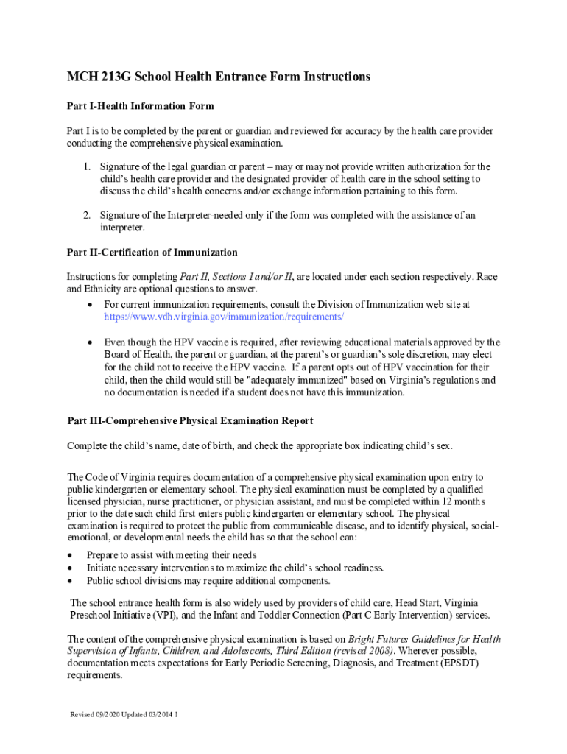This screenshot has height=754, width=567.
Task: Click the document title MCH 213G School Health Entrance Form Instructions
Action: pyautogui.click(x=219, y=77)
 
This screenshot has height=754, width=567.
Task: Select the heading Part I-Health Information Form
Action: pyautogui.click(x=141, y=106)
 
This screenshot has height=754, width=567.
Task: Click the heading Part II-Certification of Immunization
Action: pyautogui.click(x=152, y=252)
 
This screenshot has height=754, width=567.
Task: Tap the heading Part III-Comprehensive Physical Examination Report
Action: pyautogui.click(x=190, y=420)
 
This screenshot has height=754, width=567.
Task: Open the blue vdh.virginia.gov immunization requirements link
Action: pyautogui.click(x=224, y=316)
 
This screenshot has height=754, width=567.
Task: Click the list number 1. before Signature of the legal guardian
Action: pyautogui.click(x=86, y=166)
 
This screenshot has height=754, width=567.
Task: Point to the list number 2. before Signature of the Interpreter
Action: pyautogui.click(x=86, y=215)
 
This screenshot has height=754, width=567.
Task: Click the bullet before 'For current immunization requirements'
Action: pyautogui.click(x=89, y=304)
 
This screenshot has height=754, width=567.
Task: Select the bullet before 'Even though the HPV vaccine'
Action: pyautogui.click(x=89, y=342)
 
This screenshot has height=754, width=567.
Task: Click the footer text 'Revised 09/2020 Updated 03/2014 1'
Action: pyautogui.click(x=124, y=714)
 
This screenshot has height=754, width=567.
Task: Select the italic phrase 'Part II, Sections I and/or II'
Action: pyautogui.click(x=236, y=277)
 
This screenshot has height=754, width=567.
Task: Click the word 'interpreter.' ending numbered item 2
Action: pyautogui.click(x=122, y=228)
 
